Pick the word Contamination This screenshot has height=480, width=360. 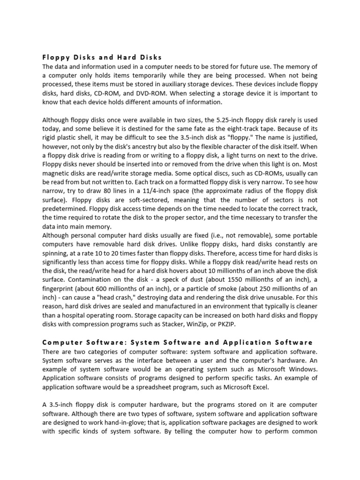click(x=92, y=279)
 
